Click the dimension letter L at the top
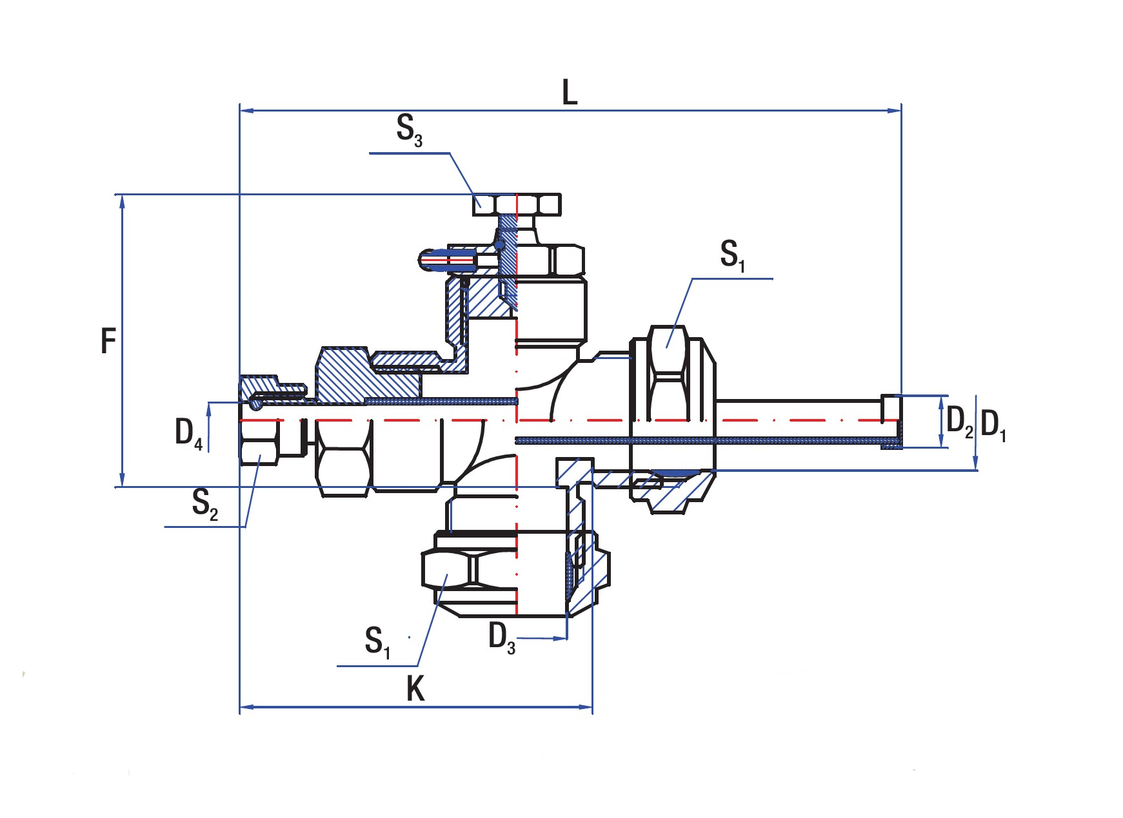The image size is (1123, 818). (x=570, y=92)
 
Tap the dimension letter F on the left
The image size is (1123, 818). (x=108, y=340)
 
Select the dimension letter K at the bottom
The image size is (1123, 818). (x=416, y=688)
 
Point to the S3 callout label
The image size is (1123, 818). (x=410, y=130)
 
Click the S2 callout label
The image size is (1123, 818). (x=205, y=503)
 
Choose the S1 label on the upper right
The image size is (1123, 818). (x=733, y=255)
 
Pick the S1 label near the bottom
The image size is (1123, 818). (x=377, y=642)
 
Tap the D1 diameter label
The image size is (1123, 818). (x=993, y=425)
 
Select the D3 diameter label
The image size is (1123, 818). (x=502, y=638)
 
